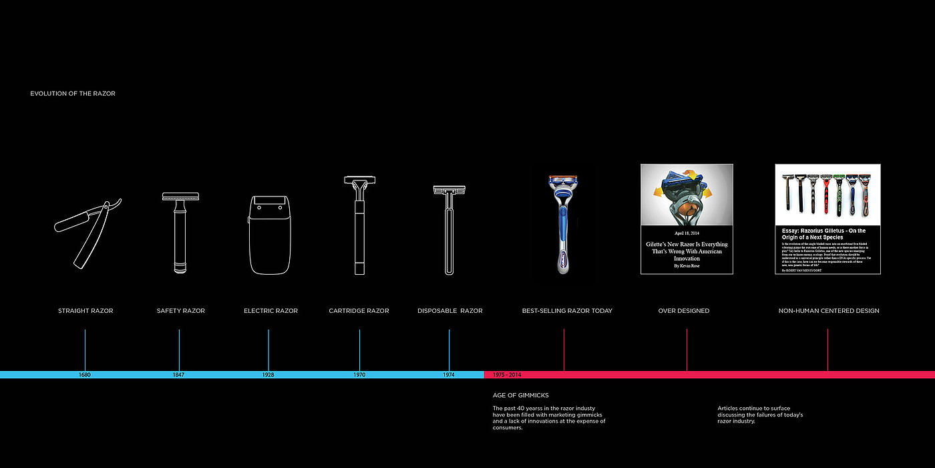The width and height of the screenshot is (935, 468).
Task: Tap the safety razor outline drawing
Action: point(180,233)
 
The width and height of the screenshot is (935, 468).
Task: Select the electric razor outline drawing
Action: point(270,234)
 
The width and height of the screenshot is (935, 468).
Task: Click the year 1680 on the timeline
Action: point(84,375)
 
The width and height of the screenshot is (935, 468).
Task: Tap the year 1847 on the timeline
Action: point(178,375)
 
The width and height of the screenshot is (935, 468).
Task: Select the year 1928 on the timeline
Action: point(268,375)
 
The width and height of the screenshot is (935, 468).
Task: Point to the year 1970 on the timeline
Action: point(359,375)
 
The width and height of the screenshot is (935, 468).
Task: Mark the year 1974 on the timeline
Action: point(449,375)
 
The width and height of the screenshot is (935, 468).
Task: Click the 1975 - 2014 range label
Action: point(507,375)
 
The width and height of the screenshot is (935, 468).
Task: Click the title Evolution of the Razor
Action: point(73,94)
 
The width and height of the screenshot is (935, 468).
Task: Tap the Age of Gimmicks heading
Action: point(521,395)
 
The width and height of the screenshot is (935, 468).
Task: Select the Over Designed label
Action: point(684,311)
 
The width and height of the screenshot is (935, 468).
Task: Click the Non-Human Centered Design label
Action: point(829,311)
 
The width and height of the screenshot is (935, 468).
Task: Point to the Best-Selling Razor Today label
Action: point(567,311)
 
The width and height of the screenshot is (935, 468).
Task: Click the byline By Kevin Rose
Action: point(687,266)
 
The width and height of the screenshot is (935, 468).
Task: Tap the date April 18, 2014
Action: point(687,233)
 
